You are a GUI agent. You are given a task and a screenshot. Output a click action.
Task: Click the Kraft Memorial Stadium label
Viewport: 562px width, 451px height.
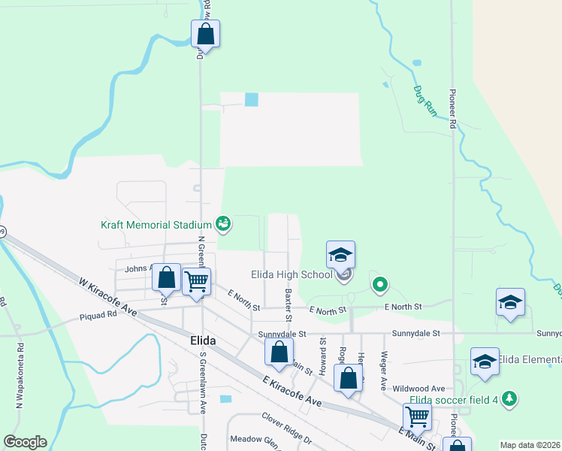point(156,224)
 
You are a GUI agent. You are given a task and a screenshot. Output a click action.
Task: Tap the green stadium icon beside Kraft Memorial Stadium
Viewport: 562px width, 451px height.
point(222,222)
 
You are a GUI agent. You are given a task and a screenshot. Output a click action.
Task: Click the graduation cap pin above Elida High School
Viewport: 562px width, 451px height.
point(340,256)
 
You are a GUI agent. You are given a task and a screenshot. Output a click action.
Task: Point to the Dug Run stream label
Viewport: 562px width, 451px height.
point(424,99)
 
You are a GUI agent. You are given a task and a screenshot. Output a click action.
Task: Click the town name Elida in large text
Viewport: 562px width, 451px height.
point(198,341)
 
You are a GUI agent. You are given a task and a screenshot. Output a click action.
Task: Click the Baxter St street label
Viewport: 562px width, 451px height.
point(288,300)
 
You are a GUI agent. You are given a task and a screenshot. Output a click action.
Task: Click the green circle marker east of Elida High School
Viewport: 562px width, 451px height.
point(380,284)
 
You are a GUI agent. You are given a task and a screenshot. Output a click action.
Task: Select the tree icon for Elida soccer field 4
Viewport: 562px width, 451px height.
point(509,397)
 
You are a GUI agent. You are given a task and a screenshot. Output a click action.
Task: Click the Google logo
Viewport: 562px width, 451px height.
point(25,442)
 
